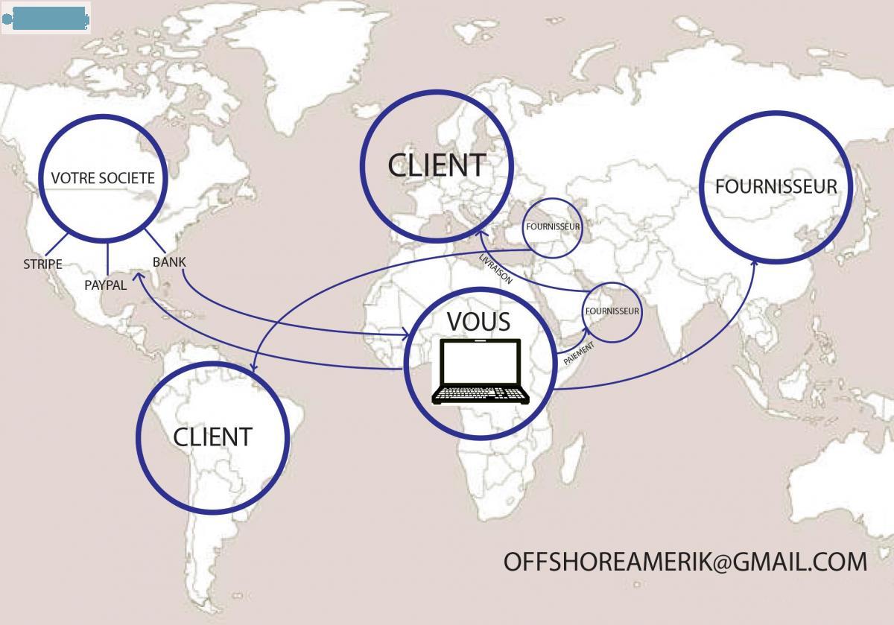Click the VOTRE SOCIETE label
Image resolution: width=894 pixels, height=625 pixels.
click(103, 178)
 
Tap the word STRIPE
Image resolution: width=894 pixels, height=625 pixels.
click(42, 264)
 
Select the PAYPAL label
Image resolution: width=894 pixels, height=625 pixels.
click(105, 285)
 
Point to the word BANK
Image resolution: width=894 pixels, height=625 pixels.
click(169, 262)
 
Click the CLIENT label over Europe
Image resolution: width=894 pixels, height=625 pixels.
click(437, 165)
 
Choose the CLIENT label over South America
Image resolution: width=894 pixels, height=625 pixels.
click(212, 437)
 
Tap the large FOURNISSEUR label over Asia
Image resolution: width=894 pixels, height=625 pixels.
click(776, 186)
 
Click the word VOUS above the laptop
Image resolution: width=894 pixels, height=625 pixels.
click(478, 322)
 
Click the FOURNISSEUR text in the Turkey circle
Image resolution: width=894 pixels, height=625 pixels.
click(552, 226)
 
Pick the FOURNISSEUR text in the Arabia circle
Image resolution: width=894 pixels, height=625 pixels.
click(612, 311)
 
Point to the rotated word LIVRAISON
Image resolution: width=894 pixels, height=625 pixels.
click(496, 268)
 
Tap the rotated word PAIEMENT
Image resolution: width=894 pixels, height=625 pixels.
click(579, 352)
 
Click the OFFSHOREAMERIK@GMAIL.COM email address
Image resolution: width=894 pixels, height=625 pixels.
click(685, 561)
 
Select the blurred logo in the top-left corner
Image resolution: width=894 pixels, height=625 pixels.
click(46, 18)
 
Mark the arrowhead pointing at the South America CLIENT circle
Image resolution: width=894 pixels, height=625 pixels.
click(254, 367)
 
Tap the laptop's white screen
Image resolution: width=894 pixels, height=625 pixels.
click(481, 363)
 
